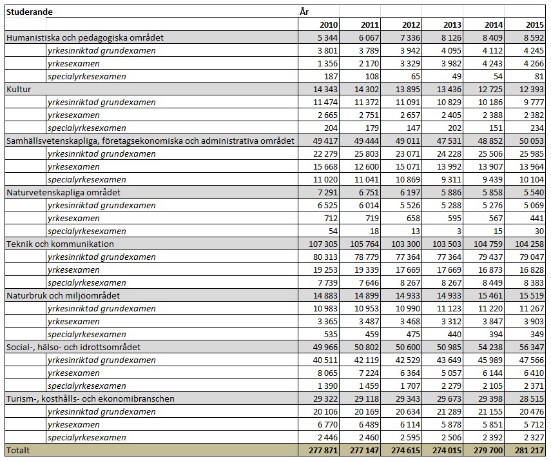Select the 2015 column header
(x=534, y=25)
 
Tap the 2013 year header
(x=452, y=25)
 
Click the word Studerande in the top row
(x=30, y=12)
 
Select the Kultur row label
(x=19, y=89)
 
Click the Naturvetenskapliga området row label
(x=63, y=192)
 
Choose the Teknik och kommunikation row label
(x=60, y=244)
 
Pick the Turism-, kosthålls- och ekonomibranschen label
(x=90, y=398)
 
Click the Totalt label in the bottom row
(x=18, y=450)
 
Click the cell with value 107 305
(x=320, y=244)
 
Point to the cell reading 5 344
(x=325, y=37)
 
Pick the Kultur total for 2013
(x=449, y=89)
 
